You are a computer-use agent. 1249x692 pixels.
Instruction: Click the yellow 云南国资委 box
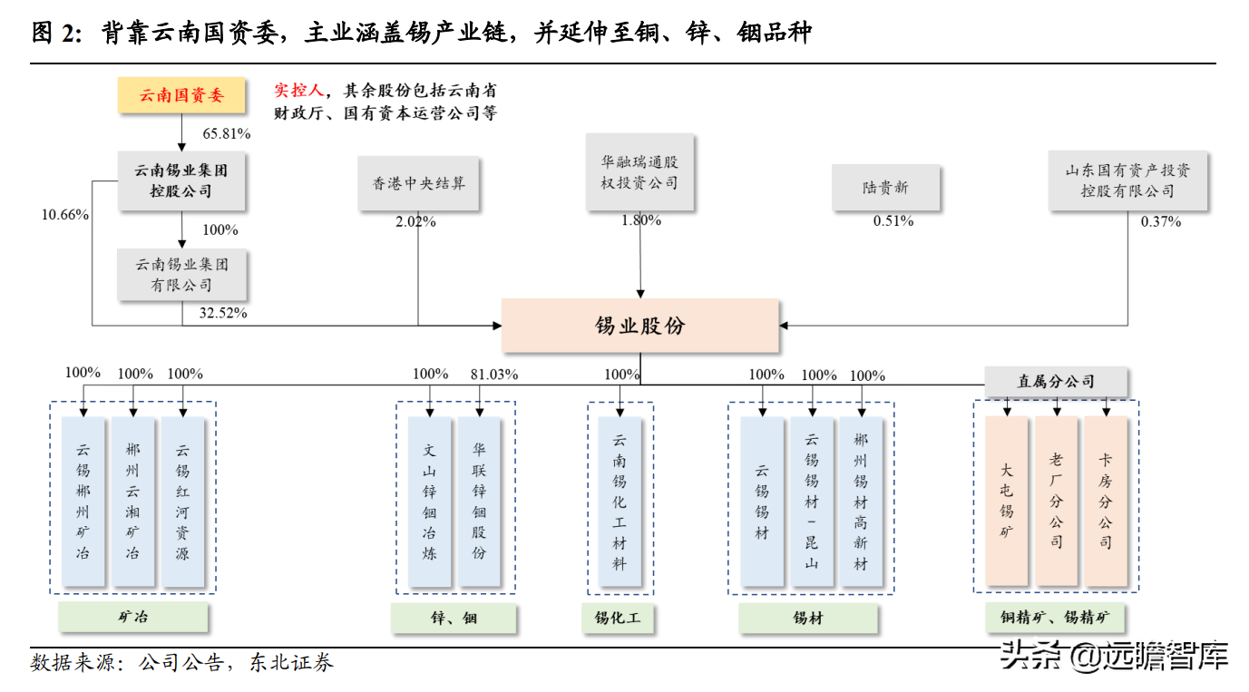point(181,95)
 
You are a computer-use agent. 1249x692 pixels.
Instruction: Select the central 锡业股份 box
point(639,326)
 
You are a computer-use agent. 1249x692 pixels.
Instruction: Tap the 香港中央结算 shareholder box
point(418,184)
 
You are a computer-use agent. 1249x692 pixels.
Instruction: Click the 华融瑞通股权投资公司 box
point(639,172)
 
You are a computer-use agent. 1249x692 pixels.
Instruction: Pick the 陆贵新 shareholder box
point(885,188)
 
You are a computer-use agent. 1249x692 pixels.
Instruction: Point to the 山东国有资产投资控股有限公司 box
point(1127,180)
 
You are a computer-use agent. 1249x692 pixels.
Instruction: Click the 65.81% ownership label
point(226,133)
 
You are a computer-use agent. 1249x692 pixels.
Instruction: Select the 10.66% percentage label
point(64,215)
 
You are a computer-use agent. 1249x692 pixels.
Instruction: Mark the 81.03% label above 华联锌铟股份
point(493,374)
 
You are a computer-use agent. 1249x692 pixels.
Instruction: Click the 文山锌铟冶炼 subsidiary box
point(430,501)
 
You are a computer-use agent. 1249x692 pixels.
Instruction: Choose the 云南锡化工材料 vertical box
point(620,501)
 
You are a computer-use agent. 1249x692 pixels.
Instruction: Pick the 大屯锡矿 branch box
point(1007,501)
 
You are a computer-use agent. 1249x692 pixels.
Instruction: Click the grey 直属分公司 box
point(1056,382)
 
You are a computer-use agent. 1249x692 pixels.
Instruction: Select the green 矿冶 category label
point(133,619)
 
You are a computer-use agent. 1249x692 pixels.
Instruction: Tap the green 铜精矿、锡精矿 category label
point(1055,619)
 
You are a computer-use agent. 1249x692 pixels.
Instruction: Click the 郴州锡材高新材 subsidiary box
point(861,501)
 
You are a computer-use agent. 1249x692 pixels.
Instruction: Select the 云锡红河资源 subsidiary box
point(182,501)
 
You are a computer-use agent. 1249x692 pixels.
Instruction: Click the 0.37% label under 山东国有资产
point(1161,221)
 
